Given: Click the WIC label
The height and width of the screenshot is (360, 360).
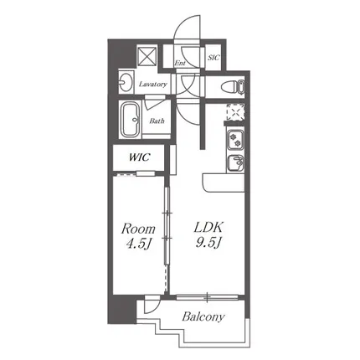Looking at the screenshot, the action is tap(139, 157).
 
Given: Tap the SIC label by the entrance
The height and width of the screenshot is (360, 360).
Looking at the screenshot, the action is tap(213, 58).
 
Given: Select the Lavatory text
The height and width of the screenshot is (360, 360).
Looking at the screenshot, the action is tap(153, 84).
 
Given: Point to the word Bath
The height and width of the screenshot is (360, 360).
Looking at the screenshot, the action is tap(157, 121).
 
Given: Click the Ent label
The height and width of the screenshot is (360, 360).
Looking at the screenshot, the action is tap(180, 63).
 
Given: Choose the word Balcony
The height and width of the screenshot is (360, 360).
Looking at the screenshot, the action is tap(203, 317).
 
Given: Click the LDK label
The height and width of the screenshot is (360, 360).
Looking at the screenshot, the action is tap(208, 228).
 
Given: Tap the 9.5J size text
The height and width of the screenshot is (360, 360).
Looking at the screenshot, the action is tap(208, 244).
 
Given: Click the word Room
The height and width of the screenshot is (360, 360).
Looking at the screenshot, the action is tap(138, 229).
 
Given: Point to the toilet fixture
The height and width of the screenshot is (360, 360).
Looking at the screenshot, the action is tap(233, 86).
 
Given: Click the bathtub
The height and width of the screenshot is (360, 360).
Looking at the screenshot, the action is tap(131, 120).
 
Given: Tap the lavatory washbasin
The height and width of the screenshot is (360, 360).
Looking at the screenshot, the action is tap(126, 82).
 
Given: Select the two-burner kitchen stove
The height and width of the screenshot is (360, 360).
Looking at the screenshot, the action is tap(235, 140).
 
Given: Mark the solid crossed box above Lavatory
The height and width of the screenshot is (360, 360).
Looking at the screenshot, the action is tap(147, 57).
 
